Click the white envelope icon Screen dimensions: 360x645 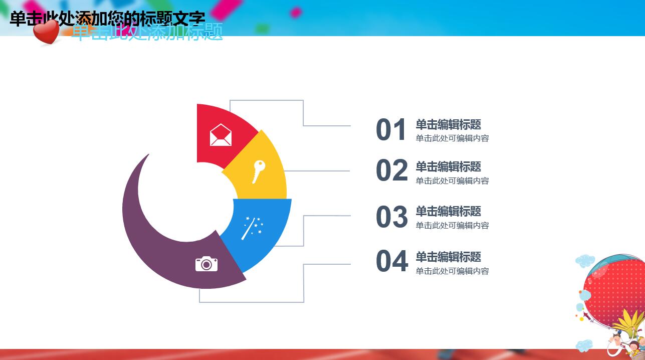tap(221, 135)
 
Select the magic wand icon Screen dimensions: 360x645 tap(252, 228)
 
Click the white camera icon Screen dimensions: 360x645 tap(206, 263)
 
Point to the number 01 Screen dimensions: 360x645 tap(391, 130)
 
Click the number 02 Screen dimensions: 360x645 tap(392, 171)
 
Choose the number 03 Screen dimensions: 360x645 tap(392, 217)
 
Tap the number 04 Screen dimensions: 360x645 tap(392, 261)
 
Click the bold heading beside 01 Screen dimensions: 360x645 tap(448, 124)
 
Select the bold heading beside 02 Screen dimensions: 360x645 tap(448, 166)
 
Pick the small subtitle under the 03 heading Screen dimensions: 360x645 tap(452, 226)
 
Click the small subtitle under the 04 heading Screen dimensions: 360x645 tap(452, 271)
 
